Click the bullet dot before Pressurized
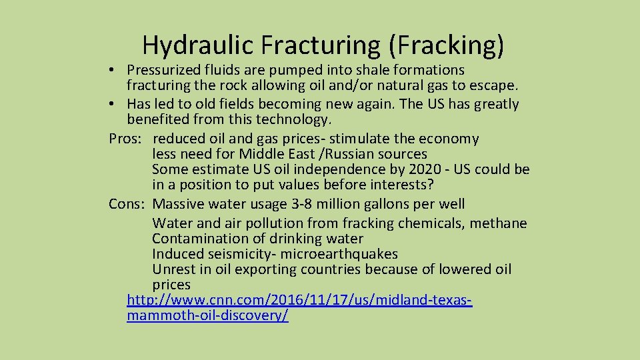point(115,71)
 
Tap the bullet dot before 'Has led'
point(115,105)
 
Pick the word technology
point(293,120)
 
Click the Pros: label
point(127,139)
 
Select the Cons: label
point(127,204)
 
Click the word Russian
point(351,154)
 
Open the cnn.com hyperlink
point(299,301)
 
